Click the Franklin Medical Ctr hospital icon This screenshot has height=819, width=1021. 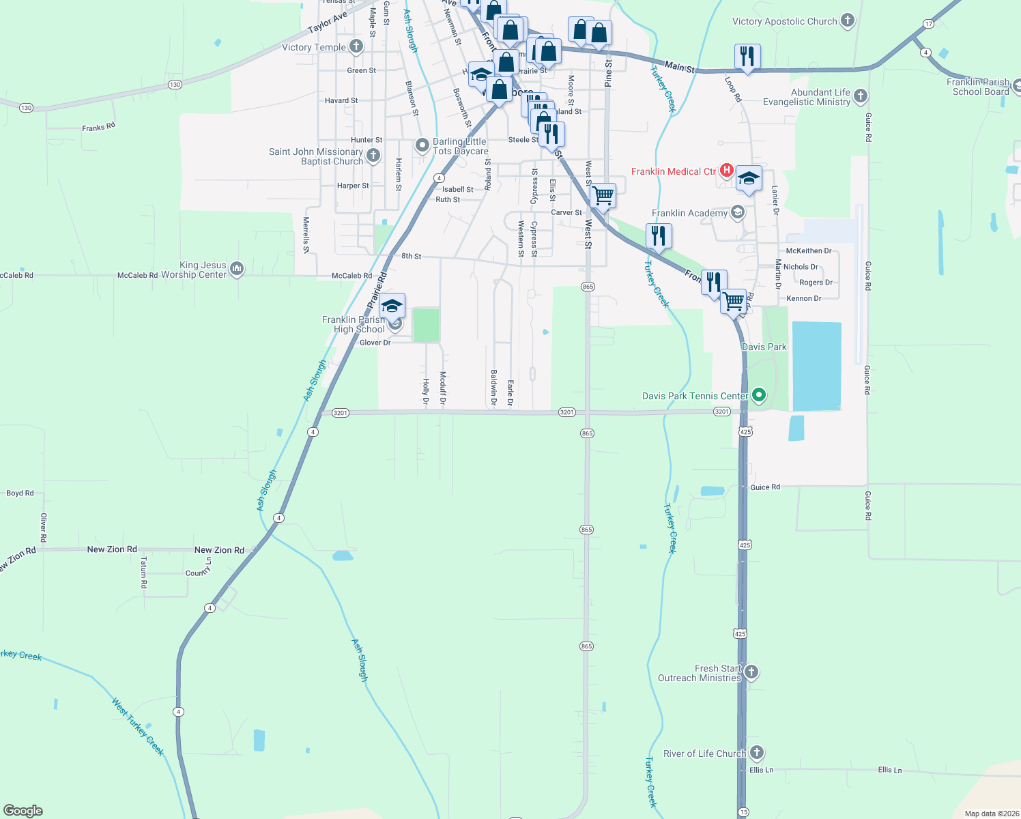[x=727, y=171]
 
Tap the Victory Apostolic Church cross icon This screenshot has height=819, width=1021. [x=848, y=20]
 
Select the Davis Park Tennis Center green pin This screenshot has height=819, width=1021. [x=758, y=395]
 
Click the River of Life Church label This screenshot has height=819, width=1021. [x=704, y=753]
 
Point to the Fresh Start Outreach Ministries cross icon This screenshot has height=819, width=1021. [x=751, y=672]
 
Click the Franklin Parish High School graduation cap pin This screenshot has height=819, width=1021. [x=392, y=306]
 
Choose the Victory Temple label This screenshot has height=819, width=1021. [x=314, y=47]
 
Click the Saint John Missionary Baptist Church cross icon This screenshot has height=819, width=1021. [x=373, y=156]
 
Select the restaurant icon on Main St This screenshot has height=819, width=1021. [x=747, y=57]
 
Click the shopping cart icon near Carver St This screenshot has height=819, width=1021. [x=603, y=196]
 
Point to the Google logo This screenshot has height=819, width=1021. [x=23, y=811]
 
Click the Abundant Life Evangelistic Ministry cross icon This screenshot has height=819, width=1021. [x=861, y=96]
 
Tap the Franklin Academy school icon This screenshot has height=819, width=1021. [x=737, y=212]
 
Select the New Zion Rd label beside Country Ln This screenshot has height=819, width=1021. [x=219, y=549]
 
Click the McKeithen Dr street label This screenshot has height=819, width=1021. [x=809, y=250]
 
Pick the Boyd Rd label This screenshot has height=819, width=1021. [x=20, y=493]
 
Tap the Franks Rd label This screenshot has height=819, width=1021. [x=98, y=127]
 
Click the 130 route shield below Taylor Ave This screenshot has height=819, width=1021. [x=175, y=85]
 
